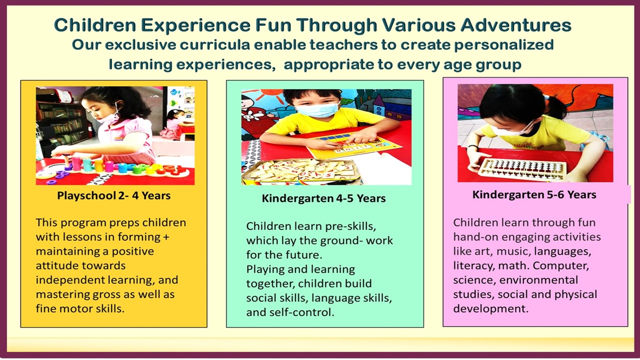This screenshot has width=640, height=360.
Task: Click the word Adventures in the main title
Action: pyautogui.click(x=516, y=25)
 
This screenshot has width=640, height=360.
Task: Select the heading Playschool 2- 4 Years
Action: pyautogui.click(x=113, y=195)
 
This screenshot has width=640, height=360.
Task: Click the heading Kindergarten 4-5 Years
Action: pyautogui.click(x=323, y=198)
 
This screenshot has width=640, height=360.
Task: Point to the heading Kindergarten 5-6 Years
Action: pyautogui.click(x=534, y=194)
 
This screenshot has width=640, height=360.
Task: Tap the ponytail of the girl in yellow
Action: pyautogui.click(x=555, y=107)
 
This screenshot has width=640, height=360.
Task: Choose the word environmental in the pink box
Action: pyautogui.click(x=538, y=280)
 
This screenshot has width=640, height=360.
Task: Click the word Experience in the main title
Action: pyautogui.click(x=195, y=25)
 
